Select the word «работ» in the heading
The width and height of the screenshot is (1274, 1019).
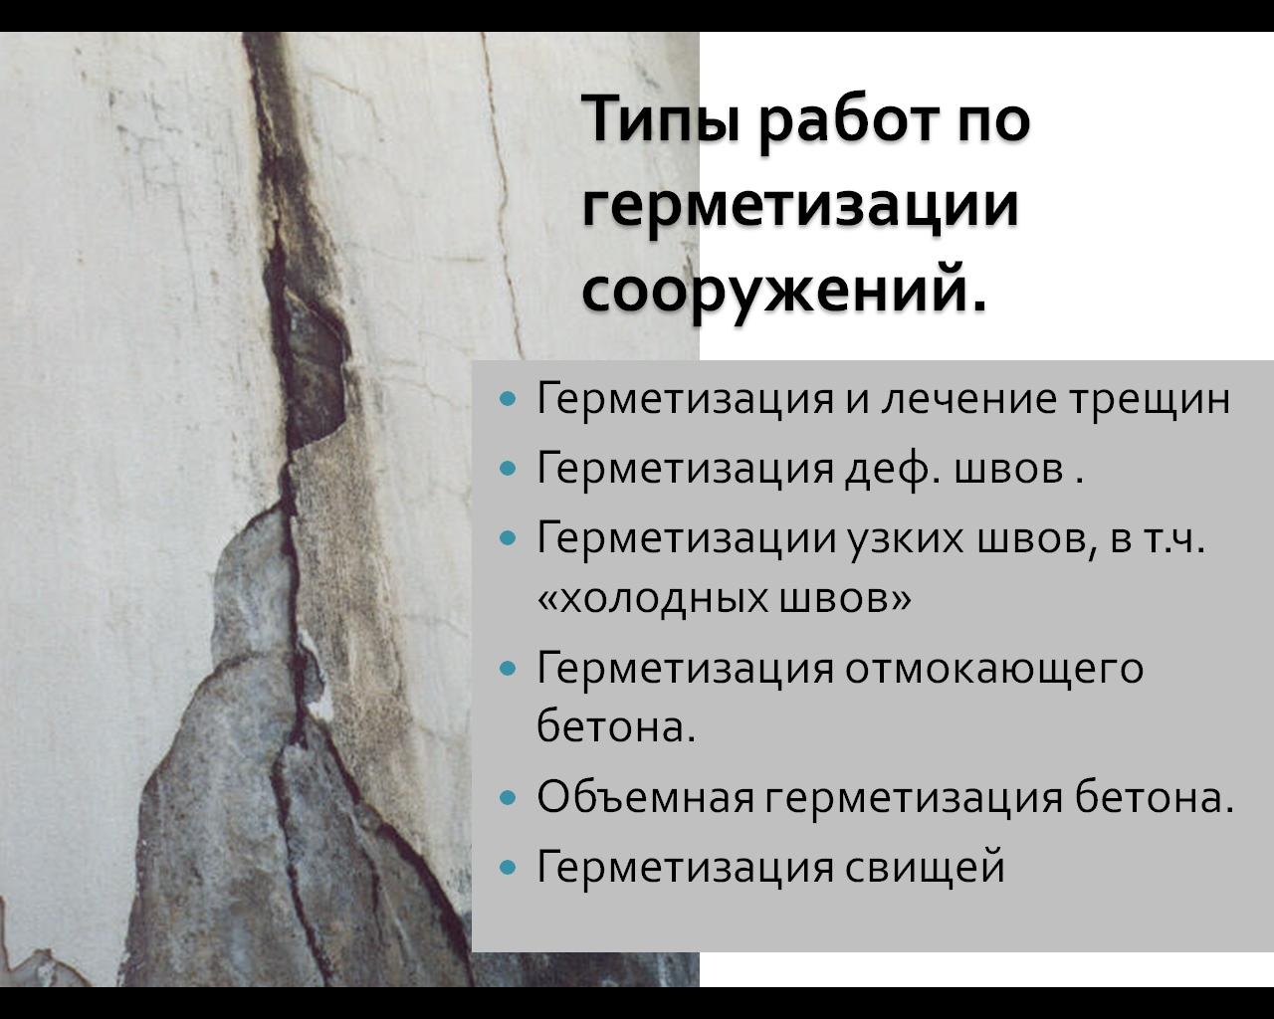point(850,123)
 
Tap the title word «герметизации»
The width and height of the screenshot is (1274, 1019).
point(800,208)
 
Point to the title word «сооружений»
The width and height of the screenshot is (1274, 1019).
point(784,292)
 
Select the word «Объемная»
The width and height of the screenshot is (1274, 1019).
point(645,797)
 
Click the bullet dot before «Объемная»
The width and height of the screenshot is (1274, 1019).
point(508,798)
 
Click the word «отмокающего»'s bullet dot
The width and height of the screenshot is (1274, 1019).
point(508,669)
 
